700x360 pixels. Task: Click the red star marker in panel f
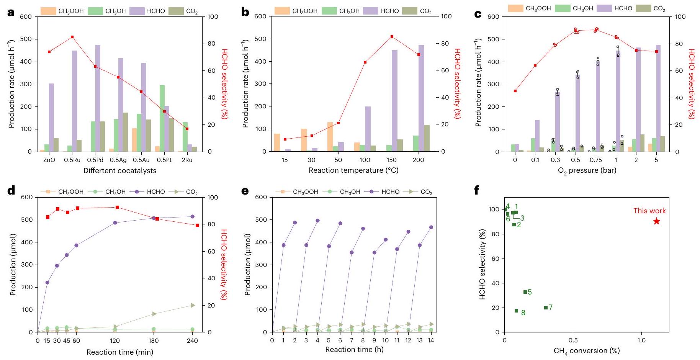click(656, 221)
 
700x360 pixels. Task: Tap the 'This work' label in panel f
click(649, 211)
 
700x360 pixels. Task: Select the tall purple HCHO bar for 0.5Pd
click(98, 98)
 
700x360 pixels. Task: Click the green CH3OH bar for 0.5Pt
click(162, 118)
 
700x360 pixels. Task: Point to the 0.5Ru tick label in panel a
click(72, 160)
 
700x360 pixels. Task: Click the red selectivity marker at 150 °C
click(392, 37)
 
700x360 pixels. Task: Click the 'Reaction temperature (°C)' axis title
click(353, 170)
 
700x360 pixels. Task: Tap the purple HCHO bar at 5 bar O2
click(658, 98)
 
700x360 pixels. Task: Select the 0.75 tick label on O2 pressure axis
click(596, 160)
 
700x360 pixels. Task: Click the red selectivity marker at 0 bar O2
click(515, 91)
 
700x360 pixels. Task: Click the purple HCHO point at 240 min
click(192, 217)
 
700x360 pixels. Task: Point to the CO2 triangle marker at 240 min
click(193, 305)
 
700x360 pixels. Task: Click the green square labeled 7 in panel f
click(546, 308)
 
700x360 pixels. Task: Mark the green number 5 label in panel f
click(530, 292)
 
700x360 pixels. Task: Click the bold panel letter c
click(478, 14)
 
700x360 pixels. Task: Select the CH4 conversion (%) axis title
click(586, 351)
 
